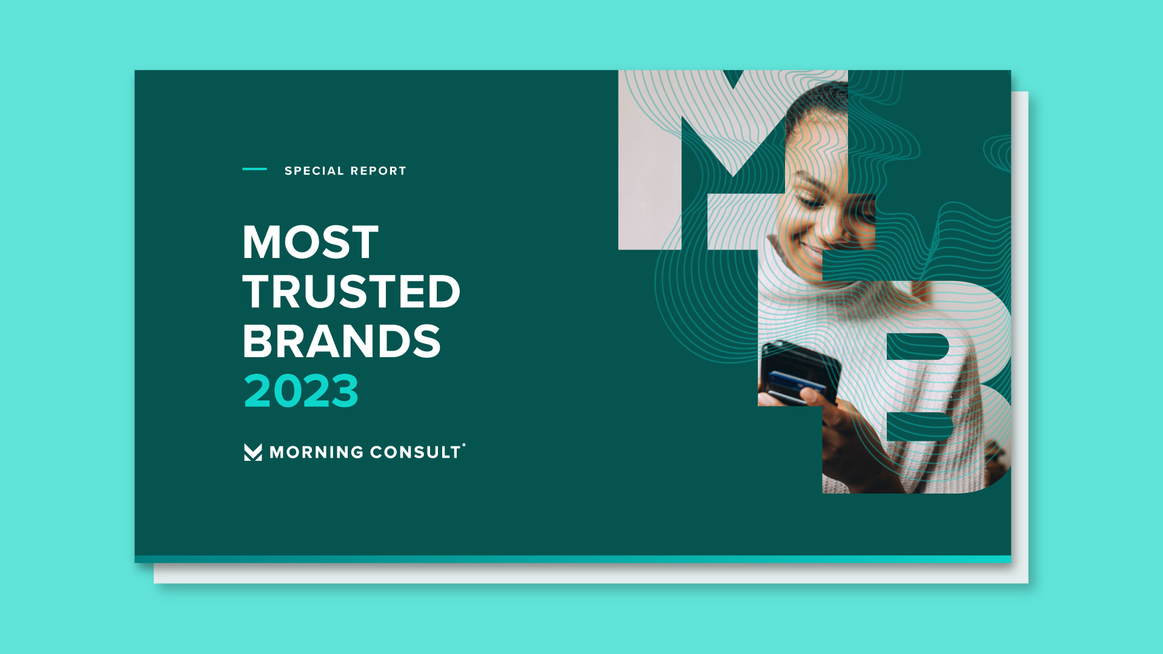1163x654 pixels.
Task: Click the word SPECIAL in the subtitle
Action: [314, 171]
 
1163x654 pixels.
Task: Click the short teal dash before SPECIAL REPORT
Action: [254, 169]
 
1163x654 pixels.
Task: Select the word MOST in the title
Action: [310, 243]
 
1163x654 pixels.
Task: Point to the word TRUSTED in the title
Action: [351, 292]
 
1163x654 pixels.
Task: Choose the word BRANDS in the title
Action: [342, 341]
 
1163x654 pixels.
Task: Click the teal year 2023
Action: [301, 391]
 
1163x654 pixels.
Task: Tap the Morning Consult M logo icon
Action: [253, 452]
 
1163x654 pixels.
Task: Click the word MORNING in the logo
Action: [316, 452]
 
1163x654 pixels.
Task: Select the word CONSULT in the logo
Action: [416, 452]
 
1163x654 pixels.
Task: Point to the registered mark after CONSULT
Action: [464, 445]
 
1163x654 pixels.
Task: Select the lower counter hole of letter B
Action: [918, 426]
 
